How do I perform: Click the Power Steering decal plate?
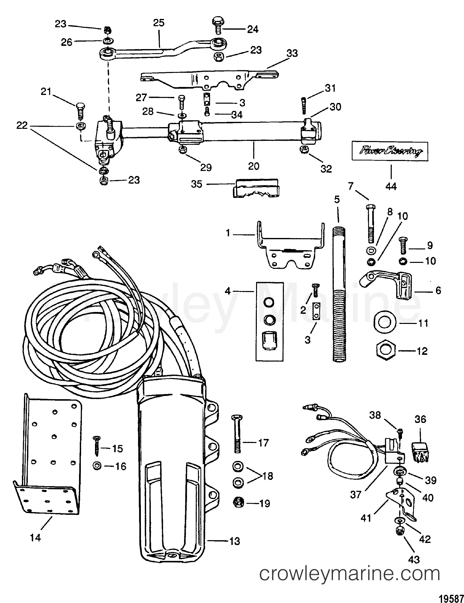(x=390, y=151)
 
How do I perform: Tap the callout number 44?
(x=391, y=187)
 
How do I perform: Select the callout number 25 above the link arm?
(x=159, y=23)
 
